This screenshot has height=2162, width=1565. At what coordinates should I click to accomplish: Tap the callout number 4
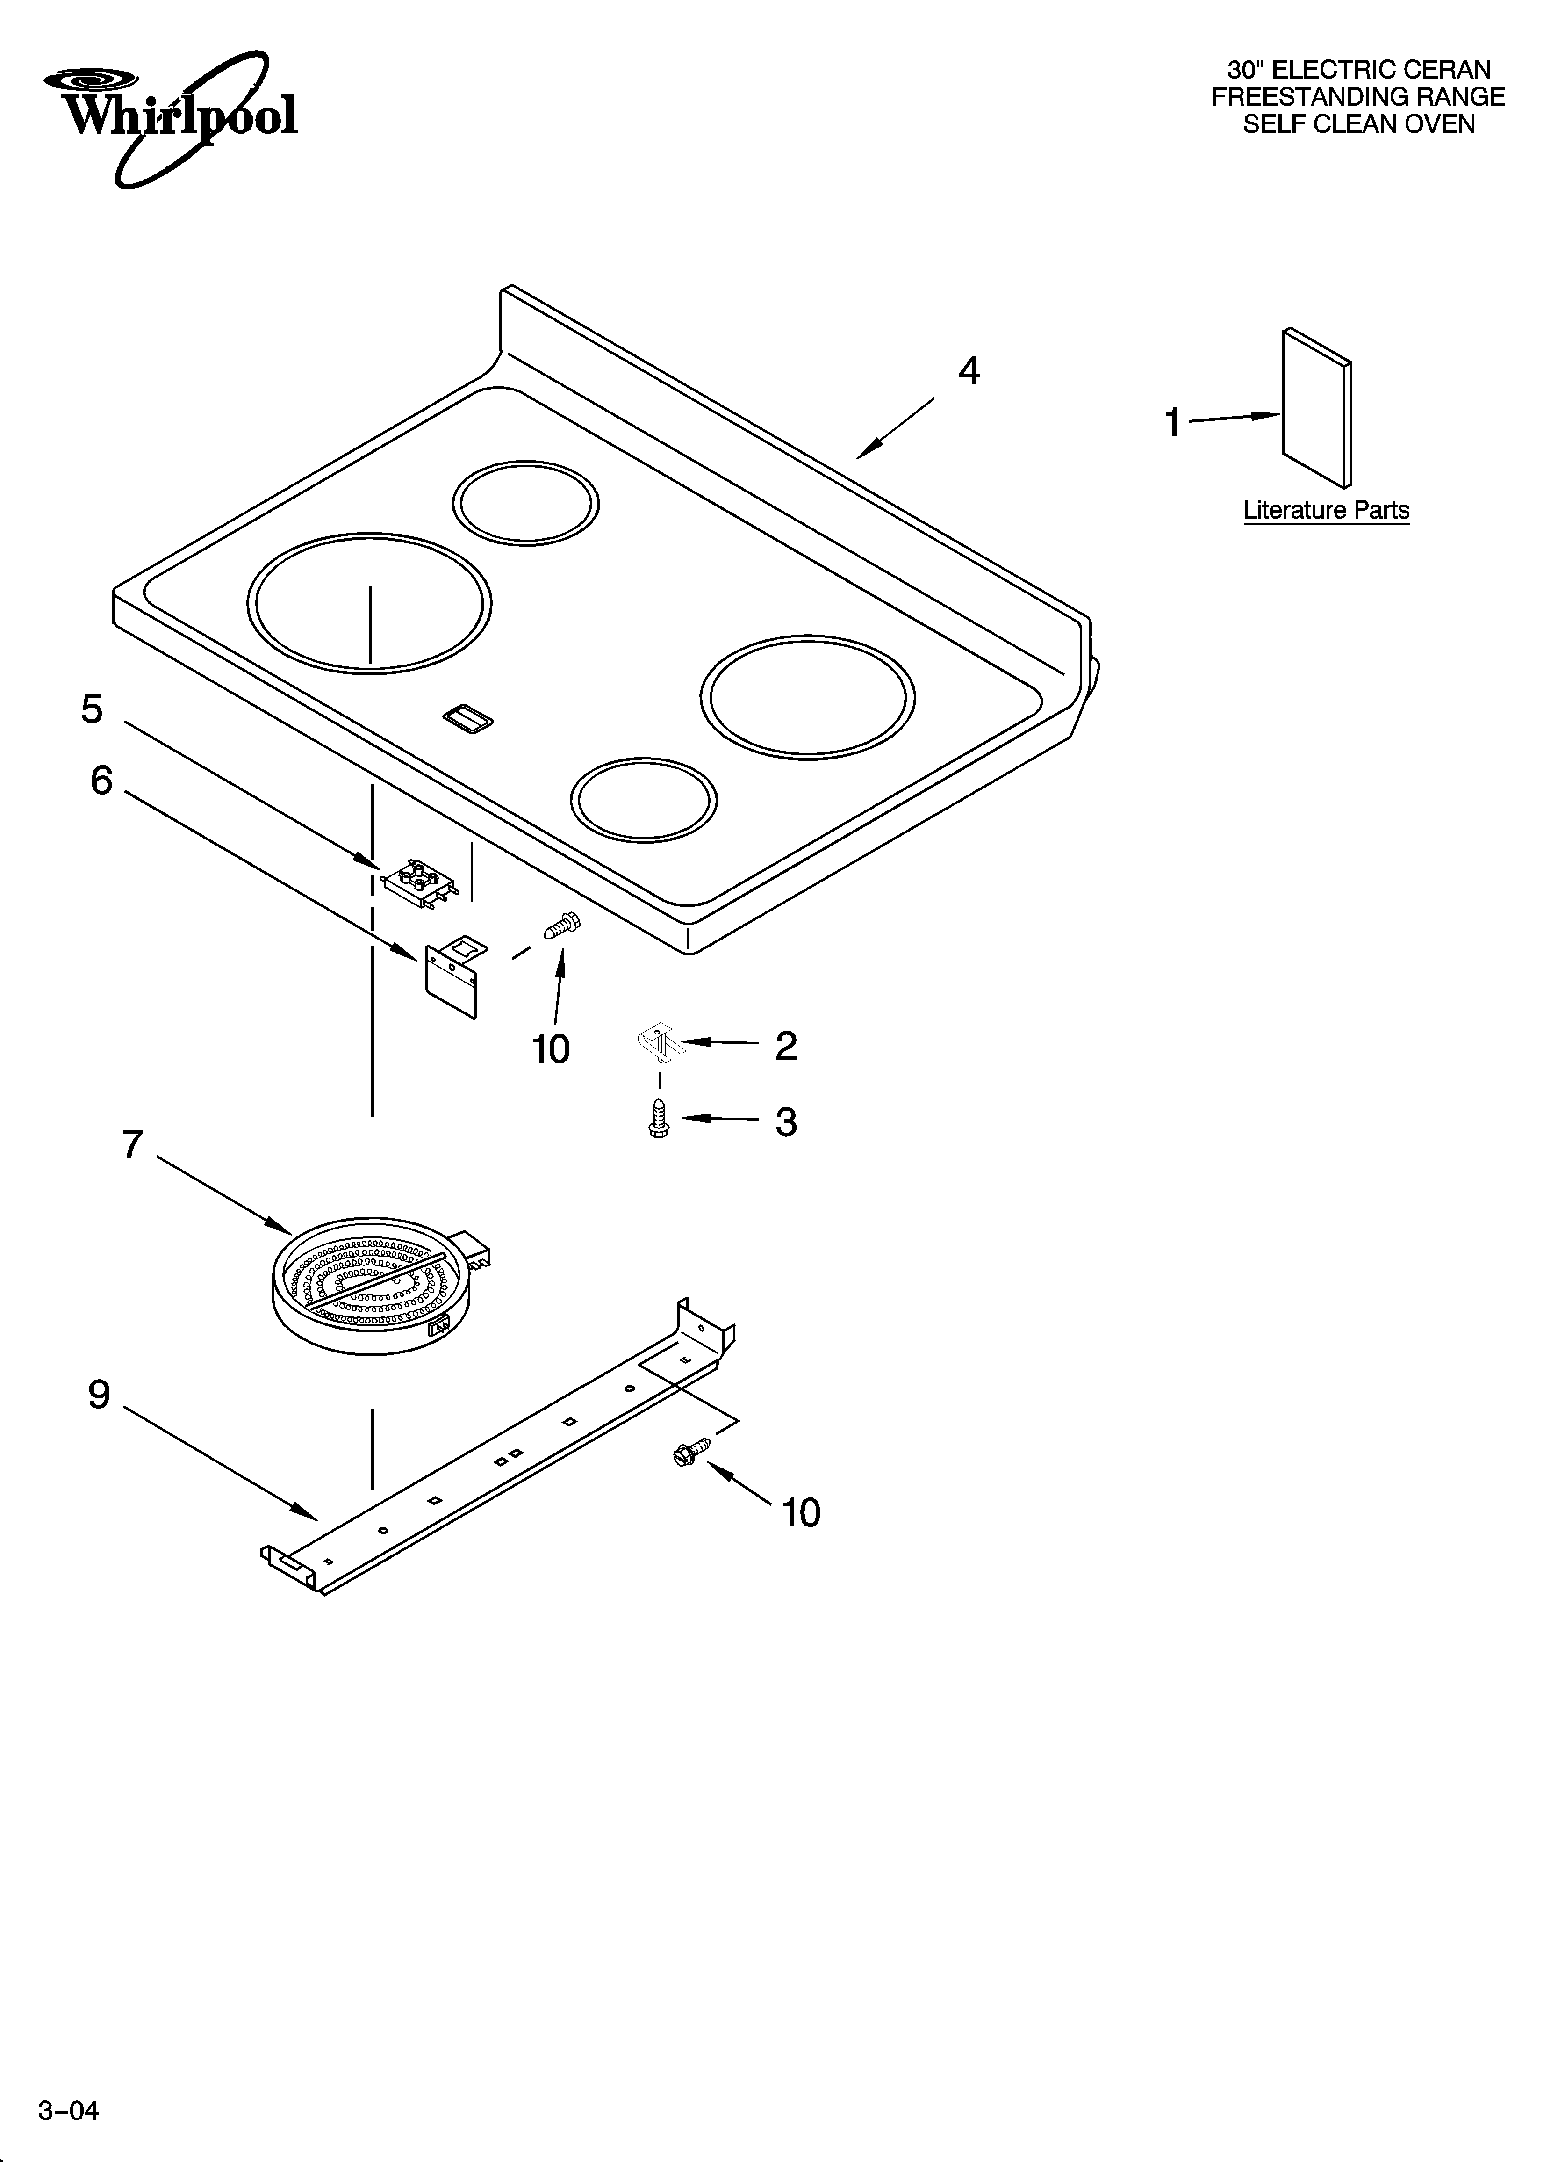969,371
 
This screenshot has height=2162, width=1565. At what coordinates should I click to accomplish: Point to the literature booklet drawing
1316,408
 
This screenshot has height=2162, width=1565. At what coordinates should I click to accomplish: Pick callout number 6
101,781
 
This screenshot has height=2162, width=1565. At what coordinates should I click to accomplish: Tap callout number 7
132,1144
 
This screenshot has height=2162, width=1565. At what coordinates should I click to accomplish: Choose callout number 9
99,1395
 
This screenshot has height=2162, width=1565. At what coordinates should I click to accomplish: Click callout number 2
785,1046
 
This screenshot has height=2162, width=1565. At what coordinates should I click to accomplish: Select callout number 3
785,1122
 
